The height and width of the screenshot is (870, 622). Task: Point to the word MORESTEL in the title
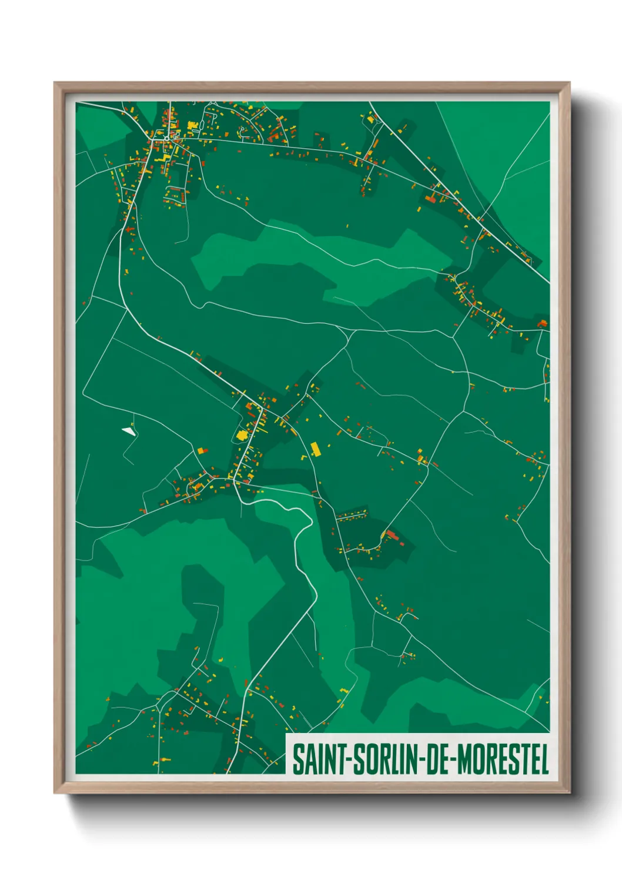[503, 759]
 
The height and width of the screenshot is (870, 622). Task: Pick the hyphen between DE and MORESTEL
[453, 760]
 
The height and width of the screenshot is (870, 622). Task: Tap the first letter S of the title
[297, 759]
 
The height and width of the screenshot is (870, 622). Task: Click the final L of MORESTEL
[545, 759]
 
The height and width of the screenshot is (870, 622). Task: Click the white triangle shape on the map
[128, 431]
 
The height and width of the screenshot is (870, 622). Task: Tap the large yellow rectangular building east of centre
[315, 450]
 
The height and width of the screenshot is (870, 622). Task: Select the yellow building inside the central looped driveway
[241, 435]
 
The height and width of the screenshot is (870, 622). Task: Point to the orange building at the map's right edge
[541, 323]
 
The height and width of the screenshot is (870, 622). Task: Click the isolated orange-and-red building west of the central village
[202, 451]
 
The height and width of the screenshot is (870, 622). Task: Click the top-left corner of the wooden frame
[55, 83]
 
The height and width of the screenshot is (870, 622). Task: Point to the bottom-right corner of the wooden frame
[569, 792]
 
